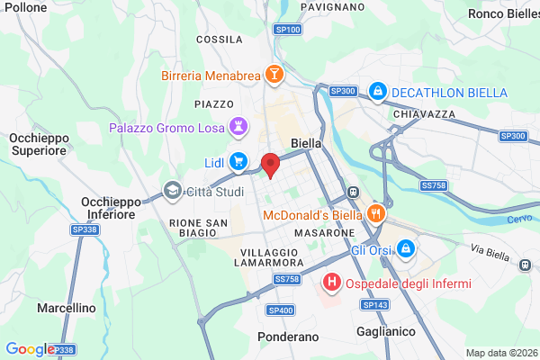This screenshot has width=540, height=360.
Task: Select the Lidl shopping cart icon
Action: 238,162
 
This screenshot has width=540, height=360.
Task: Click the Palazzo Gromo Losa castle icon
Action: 238,127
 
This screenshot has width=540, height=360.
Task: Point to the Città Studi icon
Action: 172,191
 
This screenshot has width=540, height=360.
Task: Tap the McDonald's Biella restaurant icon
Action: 376,215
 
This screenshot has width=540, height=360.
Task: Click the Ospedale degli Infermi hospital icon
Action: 332,283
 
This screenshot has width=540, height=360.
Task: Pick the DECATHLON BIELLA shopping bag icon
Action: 379,92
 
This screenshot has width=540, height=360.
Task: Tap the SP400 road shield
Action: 280,310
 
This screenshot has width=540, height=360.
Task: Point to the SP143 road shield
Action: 377,305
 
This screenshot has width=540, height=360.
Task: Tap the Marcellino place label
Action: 67,308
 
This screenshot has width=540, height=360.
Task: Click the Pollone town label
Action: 24,6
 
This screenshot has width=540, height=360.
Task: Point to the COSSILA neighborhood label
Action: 220,40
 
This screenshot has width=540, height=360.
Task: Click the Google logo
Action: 30,349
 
